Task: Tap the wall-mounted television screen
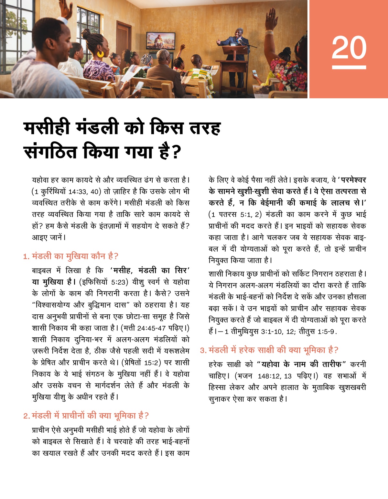160,41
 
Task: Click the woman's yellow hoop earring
101,54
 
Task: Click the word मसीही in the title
47,127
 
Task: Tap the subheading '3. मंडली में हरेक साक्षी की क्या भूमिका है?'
269,350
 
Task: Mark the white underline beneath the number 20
349,67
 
